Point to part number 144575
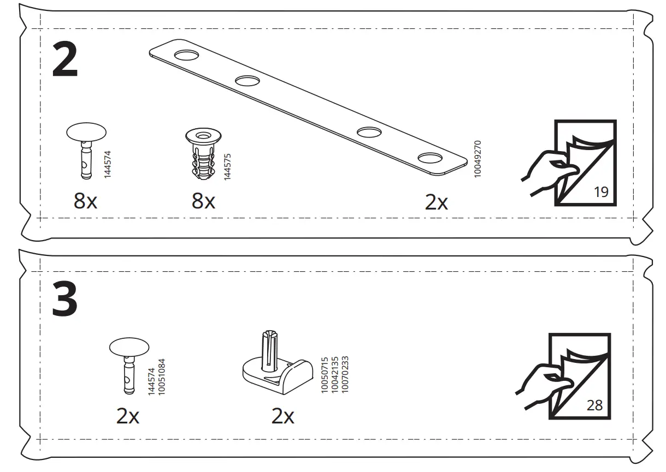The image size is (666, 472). point(228,166)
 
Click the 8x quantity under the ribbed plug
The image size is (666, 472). point(203,202)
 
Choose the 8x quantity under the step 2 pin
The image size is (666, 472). point(85,202)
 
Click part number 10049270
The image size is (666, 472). point(477,159)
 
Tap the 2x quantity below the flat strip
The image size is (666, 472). point(436,202)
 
